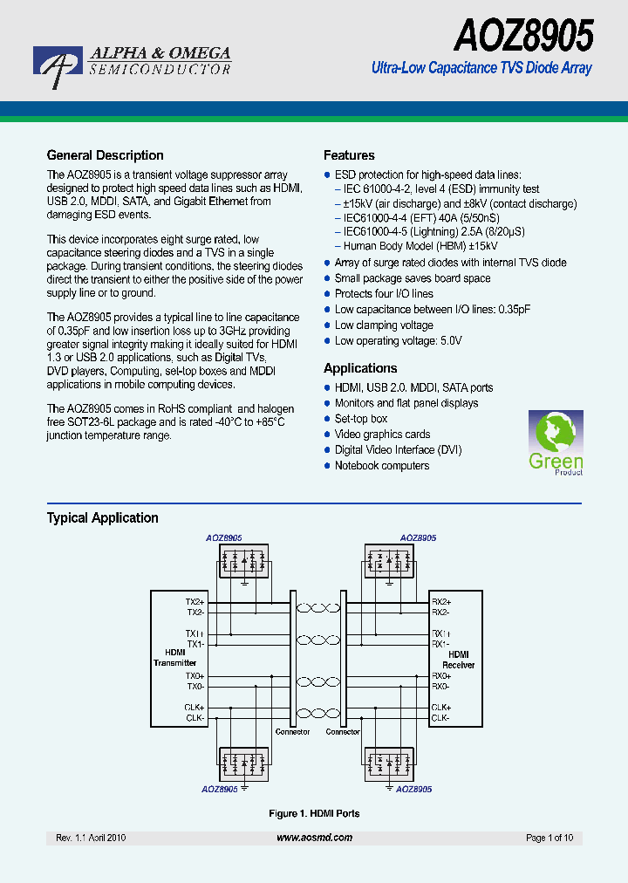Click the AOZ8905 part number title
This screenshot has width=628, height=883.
click(x=522, y=37)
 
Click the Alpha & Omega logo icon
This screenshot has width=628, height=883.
click(x=58, y=65)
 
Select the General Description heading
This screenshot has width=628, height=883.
click(x=105, y=155)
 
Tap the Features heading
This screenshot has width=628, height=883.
click(x=349, y=155)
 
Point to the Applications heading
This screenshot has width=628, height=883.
click(x=360, y=368)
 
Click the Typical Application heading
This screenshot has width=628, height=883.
click(x=102, y=517)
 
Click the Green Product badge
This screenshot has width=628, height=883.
click(x=556, y=443)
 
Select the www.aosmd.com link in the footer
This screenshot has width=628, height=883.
click(x=314, y=838)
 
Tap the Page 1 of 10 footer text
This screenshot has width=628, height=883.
click(x=549, y=838)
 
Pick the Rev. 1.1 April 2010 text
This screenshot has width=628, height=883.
click(x=91, y=838)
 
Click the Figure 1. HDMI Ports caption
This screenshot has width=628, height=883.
click(x=314, y=813)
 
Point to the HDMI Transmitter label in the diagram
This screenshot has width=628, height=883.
click(x=175, y=658)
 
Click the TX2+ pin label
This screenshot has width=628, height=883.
click(x=195, y=602)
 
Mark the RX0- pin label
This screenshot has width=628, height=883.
click(x=441, y=686)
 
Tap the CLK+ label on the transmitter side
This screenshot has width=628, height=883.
click(x=195, y=707)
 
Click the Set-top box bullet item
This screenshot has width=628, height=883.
click(x=361, y=419)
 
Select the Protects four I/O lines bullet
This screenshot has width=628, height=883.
click(x=384, y=294)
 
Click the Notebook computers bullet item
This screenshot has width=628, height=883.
click(x=382, y=466)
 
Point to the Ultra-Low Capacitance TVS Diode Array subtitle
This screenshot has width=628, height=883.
click(x=481, y=68)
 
